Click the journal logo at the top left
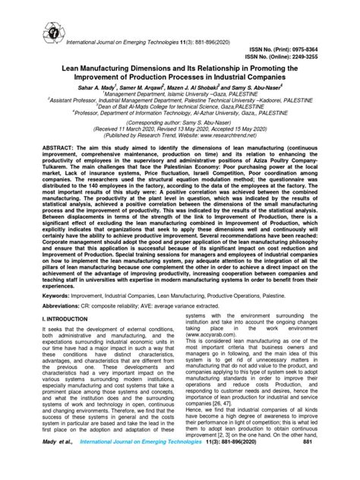31,16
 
